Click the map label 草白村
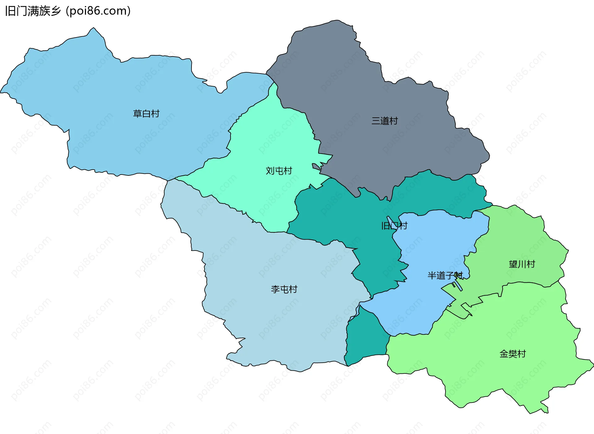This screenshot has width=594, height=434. [x=146, y=114]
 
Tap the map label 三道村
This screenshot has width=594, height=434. [x=385, y=121]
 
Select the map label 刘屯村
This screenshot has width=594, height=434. [x=279, y=171]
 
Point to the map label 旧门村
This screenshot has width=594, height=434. [x=394, y=226]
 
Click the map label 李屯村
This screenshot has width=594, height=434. [x=284, y=289]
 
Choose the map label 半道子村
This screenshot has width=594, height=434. [x=445, y=276]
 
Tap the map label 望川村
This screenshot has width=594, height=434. [x=522, y=264]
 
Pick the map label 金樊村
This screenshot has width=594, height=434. [x=513, y=354]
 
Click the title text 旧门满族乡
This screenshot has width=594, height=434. [x=33, y=11]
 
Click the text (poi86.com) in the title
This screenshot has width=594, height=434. [x=98, y=11]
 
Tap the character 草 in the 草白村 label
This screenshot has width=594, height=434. [x=137, y=114]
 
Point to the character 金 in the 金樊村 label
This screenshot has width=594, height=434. [x=504, y=354]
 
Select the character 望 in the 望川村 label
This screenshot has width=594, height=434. [x=513, y=264]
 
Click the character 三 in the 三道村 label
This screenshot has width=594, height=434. [x=376, y=121]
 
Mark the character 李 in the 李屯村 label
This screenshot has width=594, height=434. [x=275, y=289]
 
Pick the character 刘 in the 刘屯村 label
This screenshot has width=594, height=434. [x=270, y=171]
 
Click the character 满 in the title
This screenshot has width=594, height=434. [x=33, y=11]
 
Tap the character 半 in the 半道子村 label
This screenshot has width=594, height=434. [x=432, y=276]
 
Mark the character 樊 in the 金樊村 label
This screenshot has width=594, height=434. [x=513, y=354]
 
